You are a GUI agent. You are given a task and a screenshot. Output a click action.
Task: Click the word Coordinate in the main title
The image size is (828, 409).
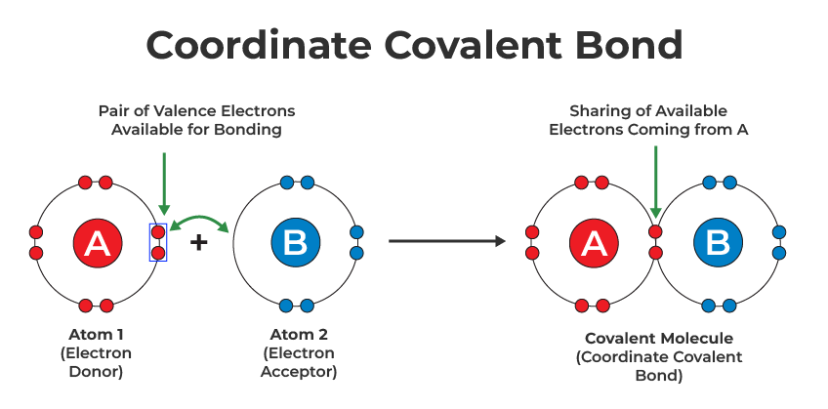259,44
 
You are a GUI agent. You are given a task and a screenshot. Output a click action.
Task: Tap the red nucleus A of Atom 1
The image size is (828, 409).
98,243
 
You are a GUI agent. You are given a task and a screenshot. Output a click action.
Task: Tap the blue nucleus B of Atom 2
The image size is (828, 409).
295,243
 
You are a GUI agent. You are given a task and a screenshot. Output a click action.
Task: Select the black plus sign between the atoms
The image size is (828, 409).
198,243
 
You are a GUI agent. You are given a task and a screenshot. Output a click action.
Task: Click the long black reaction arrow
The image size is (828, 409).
447,241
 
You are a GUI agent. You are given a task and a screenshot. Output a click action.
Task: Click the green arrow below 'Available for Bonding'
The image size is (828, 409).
164,184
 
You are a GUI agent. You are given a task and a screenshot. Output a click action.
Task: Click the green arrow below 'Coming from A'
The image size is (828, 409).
655,183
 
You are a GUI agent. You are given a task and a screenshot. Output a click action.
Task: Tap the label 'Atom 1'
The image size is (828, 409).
96,335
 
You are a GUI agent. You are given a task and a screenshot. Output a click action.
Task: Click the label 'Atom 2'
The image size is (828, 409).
299,335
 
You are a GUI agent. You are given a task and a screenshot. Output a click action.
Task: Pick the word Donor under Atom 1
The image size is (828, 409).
96,372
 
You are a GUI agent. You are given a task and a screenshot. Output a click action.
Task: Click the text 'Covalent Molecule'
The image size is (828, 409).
659,339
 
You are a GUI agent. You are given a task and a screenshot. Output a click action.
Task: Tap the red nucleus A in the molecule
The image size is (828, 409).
594,243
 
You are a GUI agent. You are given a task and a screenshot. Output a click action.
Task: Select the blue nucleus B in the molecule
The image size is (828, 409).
719,243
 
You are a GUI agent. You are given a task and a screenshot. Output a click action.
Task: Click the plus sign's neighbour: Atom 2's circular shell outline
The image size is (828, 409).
233,243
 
